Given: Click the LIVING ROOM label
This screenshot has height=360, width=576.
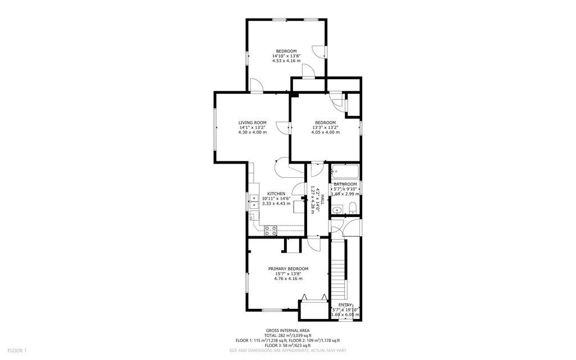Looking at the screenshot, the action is [x=253, y=123].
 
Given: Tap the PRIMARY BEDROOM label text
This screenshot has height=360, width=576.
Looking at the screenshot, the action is [x=288, y=269].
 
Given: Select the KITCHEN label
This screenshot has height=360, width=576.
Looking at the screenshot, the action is [x=276, y=194].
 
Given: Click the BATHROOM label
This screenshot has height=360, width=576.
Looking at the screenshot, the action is [x=345, y=184].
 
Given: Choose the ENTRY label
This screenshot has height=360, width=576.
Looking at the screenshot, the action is [x=345, y=305].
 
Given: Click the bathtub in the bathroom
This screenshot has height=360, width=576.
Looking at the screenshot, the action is [x=345, y=171].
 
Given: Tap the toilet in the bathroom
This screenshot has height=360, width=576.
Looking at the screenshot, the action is [x=353, y=208].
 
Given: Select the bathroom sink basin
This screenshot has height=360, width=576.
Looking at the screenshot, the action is [x=337, y=210].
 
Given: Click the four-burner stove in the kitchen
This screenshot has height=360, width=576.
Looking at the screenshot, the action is [x=271, y=231].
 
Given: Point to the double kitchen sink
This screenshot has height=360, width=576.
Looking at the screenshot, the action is [x=254, y=201].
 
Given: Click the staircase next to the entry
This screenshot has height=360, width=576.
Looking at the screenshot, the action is [x=339, y=270].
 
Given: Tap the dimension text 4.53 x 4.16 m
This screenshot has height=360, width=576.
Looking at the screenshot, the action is [x=286, y=61].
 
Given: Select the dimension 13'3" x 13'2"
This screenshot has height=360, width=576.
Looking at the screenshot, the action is [x=325, y=128].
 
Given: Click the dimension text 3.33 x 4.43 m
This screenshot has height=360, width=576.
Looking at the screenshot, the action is [x=276, y=204].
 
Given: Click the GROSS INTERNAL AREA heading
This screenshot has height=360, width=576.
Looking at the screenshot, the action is [x=287, y=331].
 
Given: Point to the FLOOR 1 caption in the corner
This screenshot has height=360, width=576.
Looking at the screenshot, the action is [x=17, y=351].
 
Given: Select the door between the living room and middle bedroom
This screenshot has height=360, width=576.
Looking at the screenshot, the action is [x=283, y=128].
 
